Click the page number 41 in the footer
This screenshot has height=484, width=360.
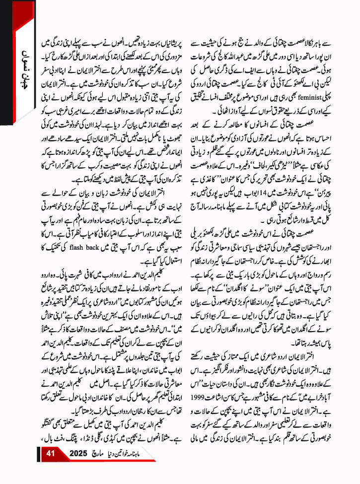pos(50,467)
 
